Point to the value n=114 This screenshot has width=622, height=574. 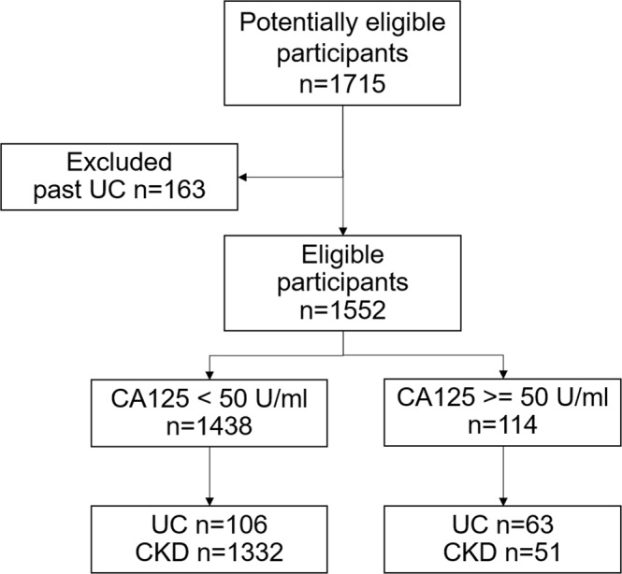[x=506, y=428]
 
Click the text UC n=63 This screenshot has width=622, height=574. [x=506, y=522]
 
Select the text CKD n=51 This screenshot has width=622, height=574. [x=506, y=551]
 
